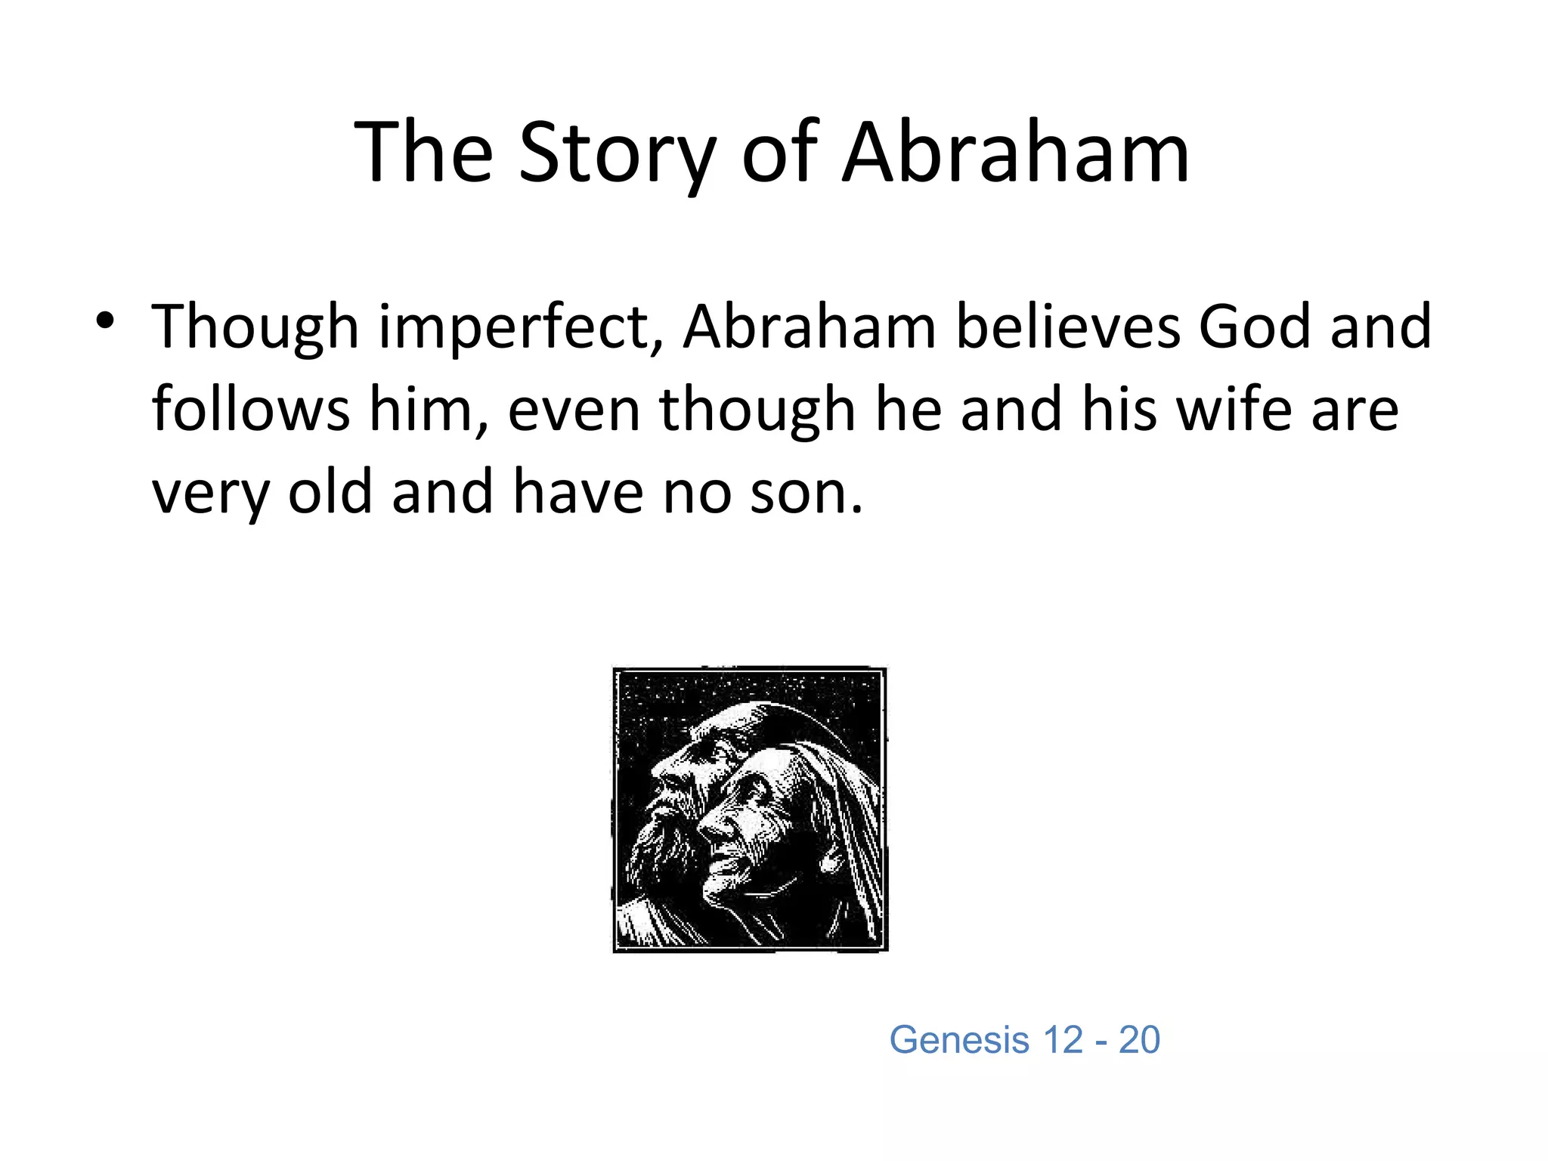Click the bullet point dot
coord(105,320)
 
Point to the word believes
coord(1067,327)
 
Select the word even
coord(574,410)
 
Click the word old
coord(330,491)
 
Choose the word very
coord(210,494)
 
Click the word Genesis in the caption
coord(958,1040)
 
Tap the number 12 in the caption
coord(1062,1040)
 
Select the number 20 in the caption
coord(1139,1040)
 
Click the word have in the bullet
coord(578,491)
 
